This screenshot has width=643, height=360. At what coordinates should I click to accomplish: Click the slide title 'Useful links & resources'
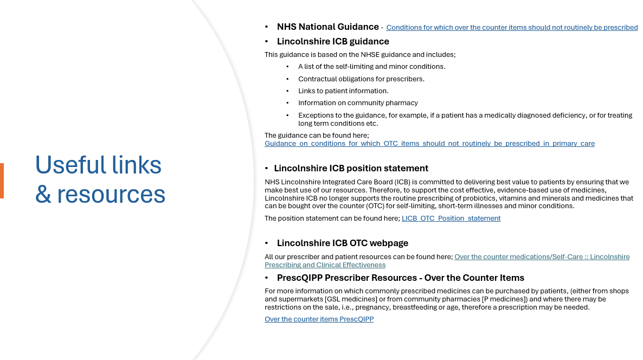100,179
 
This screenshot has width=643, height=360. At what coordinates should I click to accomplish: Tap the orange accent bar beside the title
2,181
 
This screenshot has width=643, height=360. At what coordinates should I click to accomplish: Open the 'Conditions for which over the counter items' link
511,28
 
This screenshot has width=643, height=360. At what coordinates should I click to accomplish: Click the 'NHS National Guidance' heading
327,27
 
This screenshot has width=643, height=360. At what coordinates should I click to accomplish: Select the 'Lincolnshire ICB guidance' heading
333,41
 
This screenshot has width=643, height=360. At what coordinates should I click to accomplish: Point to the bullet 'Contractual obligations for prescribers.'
361,79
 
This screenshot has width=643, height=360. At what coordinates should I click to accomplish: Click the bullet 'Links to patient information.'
343,91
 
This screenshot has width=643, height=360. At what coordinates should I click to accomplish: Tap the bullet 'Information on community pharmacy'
358,102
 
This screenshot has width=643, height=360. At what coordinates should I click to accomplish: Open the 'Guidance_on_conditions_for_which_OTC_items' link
429,144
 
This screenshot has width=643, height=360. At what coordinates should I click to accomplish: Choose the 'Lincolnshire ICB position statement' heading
351,168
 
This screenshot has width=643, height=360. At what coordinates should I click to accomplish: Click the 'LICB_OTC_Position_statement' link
451,218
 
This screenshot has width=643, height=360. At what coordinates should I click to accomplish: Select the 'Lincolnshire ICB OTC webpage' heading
343,243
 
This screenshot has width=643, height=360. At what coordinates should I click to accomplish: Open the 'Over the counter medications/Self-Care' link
542,257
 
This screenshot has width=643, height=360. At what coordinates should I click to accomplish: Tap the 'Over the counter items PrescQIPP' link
319,319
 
